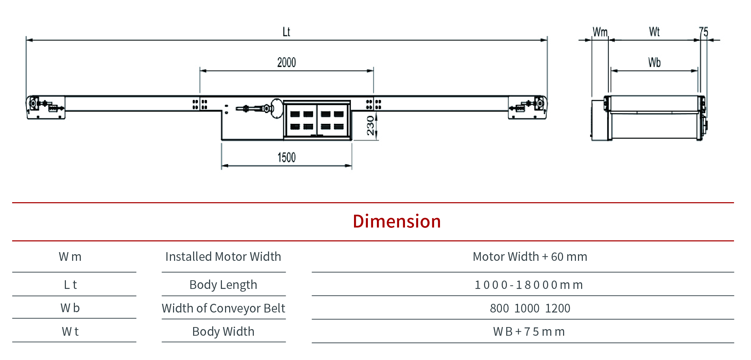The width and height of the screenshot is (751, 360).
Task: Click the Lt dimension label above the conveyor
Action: (286, 32)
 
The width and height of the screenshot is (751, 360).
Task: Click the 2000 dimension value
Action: (286, 62)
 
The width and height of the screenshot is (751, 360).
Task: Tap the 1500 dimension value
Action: (286, 157)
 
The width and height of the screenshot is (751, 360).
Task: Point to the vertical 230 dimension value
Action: (371, 125)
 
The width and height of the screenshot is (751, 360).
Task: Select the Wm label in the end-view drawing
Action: (600, 32)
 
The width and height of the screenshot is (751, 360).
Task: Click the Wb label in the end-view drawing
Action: (654, 62)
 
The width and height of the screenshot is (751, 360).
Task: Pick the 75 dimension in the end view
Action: (703, 32)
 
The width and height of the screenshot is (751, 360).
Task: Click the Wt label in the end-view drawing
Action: (654, 32)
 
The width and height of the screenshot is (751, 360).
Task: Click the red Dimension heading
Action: (397, 221)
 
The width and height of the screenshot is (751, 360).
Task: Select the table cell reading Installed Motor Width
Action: (223, 257)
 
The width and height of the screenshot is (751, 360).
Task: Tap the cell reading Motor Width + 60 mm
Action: (530, 257)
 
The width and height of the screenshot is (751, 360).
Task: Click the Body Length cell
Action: (223, 285)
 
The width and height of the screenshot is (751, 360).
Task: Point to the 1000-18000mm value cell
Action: (529, 285)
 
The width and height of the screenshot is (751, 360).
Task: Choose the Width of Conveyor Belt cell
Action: (223, 308)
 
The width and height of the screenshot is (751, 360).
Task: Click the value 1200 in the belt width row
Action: (558, 308)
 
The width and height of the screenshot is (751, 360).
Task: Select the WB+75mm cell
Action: (529, 332)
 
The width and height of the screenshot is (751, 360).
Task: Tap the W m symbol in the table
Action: (70, 257)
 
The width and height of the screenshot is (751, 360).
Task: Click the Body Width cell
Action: (223, 332)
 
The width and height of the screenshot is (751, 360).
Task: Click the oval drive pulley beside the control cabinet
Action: (277, 108)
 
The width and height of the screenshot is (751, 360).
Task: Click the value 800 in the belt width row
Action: (499, 308)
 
